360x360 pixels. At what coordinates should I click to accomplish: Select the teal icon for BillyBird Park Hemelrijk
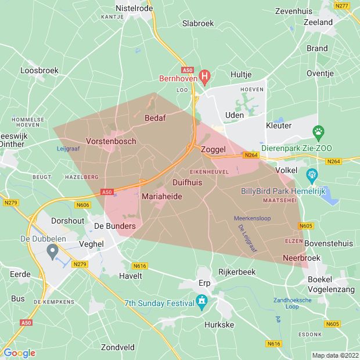(x=312, y=174)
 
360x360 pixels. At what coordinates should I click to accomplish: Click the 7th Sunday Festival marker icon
(x=201, y=301)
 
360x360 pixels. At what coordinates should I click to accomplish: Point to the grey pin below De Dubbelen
(x=52, y=252)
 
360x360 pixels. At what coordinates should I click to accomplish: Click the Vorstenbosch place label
(x=111, y=141)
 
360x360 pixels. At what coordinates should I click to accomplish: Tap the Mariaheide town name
(x=162, y=197)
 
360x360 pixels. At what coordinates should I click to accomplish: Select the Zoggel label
(x=213, y=150)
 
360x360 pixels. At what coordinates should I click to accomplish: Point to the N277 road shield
(x=342, y=5)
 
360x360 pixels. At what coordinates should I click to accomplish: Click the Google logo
(x=19, y=353)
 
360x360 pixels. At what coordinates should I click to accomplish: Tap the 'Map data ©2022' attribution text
(x=335, y=355)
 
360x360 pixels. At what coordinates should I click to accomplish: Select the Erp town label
(x=203, y=282)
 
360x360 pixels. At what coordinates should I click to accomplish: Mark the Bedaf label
(x=155, y=118)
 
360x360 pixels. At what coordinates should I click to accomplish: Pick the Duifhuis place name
(x=187, y=182)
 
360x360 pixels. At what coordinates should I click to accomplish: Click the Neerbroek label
(x=301, y=257)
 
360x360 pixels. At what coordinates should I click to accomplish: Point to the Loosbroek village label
(x=39, y=70)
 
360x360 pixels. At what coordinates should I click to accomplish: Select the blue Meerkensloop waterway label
(x=252, y=218)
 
